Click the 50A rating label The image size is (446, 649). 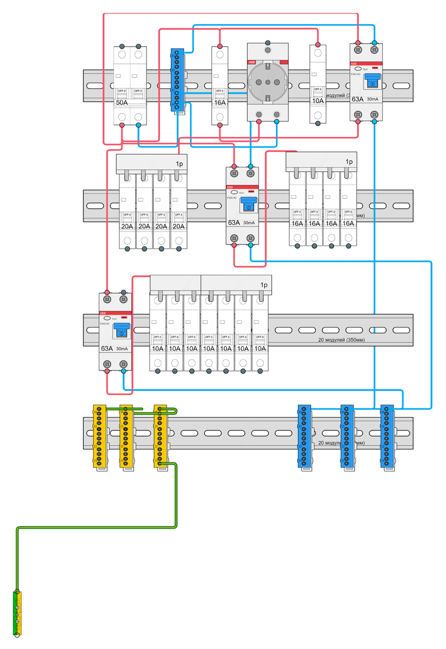click(x=122, y=102)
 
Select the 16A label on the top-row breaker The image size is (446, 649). click(x=219, y=102)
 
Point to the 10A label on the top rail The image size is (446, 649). click(x=317, y=101)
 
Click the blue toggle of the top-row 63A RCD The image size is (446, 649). click(x=372, y=81)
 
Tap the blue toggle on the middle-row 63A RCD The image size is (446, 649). click(x=248, y=204)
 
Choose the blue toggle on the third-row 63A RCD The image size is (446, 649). click(x=121, y=330)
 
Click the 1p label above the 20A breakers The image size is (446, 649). click(x=179, y=163)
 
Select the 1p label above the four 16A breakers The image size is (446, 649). click(x=349, y=161)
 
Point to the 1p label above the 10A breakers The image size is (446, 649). click(x=264, y=284)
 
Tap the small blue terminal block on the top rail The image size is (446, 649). click(x=177, y=80)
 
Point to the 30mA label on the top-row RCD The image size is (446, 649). click(x=373, y=100)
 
